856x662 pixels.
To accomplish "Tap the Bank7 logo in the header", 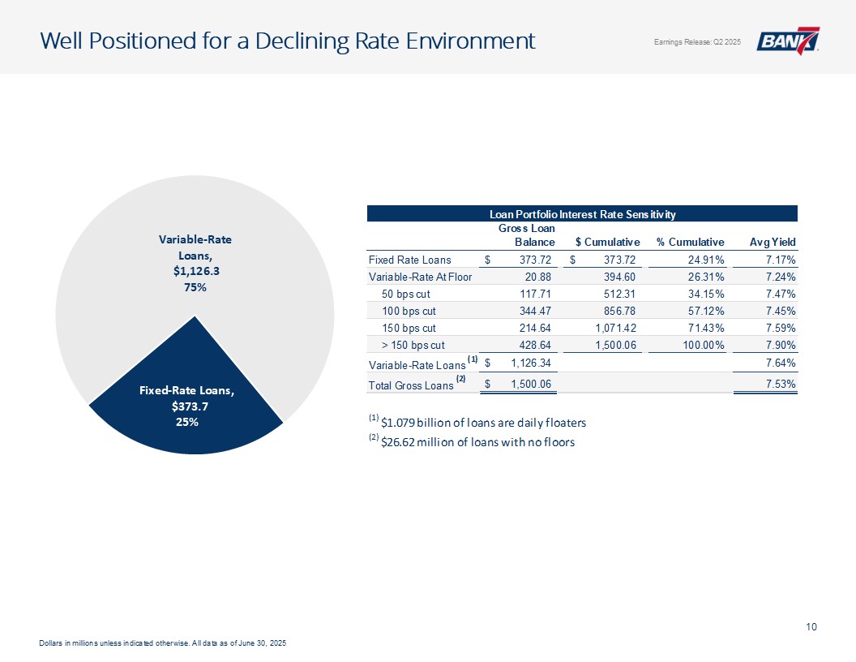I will [788, 41].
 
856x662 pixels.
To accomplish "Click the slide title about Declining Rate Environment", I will [288, 41].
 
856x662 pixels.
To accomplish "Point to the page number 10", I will [811, 625].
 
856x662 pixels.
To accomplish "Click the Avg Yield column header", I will [773, 242].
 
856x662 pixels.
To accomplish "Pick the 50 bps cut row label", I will [409, 294].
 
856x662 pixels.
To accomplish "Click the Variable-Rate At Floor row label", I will [420, 277].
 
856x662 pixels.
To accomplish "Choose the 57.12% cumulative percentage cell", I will [704, 311].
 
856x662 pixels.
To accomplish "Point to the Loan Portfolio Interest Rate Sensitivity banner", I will [582, 213].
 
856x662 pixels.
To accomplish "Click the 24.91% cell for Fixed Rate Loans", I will [704, 260].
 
